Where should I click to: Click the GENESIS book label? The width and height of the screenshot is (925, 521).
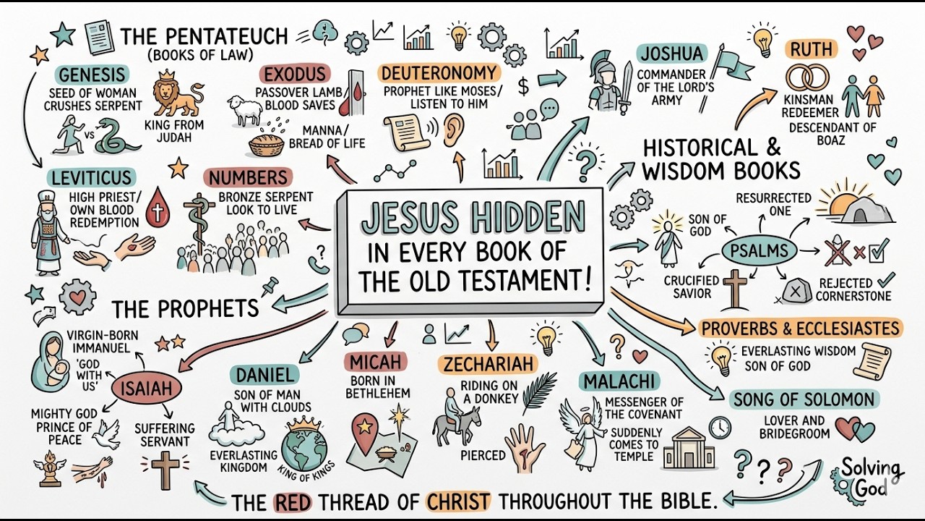click(x=92, y=75)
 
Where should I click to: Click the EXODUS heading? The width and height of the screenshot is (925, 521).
click(x=295, y=75)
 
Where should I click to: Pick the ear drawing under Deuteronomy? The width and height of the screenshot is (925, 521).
click(x=453, y=130)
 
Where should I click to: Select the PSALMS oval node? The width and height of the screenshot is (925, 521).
click(x=760, y=251)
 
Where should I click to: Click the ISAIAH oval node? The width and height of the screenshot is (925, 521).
click(x=147, y=389)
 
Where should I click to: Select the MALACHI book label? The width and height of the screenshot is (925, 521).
click(x=619, y=381)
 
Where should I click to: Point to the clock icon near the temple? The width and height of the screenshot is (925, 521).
click(x=720, y=427)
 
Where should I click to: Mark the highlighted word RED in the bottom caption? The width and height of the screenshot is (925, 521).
click(x=293, y=502)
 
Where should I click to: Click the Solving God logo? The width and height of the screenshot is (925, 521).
click(x=867, y=478)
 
